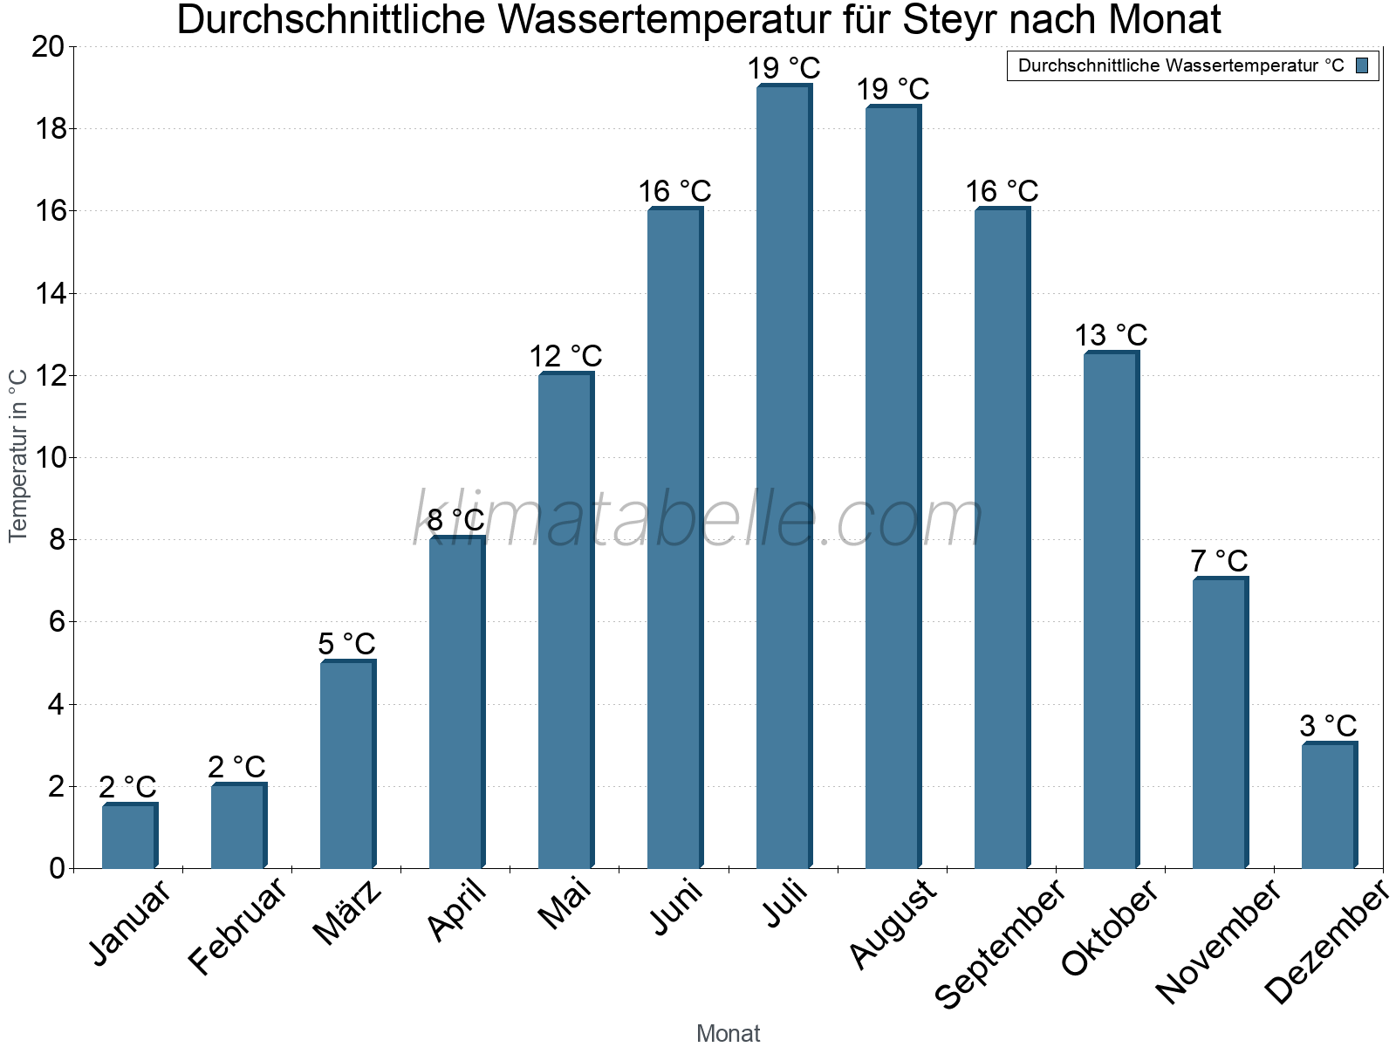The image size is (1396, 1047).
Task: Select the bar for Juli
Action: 784,476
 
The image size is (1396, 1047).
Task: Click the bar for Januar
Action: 129,836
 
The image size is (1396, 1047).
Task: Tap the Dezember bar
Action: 1329,805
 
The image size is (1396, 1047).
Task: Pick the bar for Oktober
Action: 1111,610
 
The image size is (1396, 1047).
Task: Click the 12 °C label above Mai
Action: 565,356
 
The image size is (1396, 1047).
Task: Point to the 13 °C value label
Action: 1111,335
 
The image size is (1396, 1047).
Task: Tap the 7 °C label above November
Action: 1219,561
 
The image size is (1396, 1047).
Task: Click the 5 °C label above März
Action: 346,644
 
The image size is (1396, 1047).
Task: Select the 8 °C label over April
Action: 455,520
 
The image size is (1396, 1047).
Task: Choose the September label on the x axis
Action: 1000,944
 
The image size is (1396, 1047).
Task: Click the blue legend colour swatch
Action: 1362,65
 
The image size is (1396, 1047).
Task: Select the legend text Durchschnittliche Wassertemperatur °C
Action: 1180,65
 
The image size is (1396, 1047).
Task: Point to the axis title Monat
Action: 728,1033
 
